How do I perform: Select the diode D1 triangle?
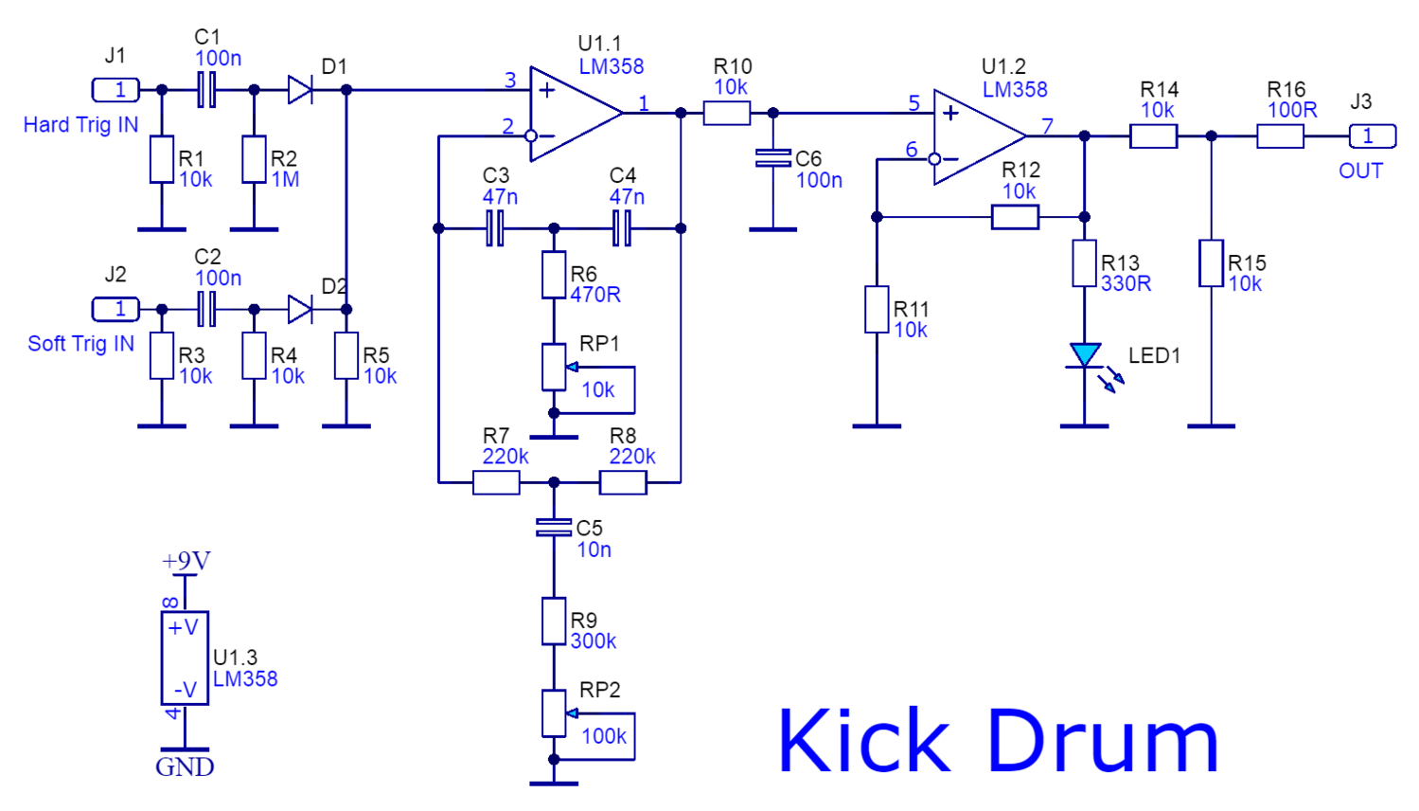point(300,90)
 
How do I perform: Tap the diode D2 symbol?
point(300,309)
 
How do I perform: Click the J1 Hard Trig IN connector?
point(115,90)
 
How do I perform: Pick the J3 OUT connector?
point(1372,136)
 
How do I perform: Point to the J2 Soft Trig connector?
point(115,309)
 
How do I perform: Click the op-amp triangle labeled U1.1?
point(574,114)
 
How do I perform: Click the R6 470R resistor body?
point(554,275)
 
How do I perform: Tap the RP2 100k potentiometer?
point(554,713)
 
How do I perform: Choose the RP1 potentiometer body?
point(554,367)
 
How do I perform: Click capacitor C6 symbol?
point(772,158)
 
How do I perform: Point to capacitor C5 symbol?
point(554,528)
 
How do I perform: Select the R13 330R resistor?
point(1084,263)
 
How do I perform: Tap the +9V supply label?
point(186,561)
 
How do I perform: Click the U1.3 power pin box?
point(185,658)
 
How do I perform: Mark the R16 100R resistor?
point(1280,136)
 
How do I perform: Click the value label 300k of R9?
point(594,641)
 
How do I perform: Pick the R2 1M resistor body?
point(254,159)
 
